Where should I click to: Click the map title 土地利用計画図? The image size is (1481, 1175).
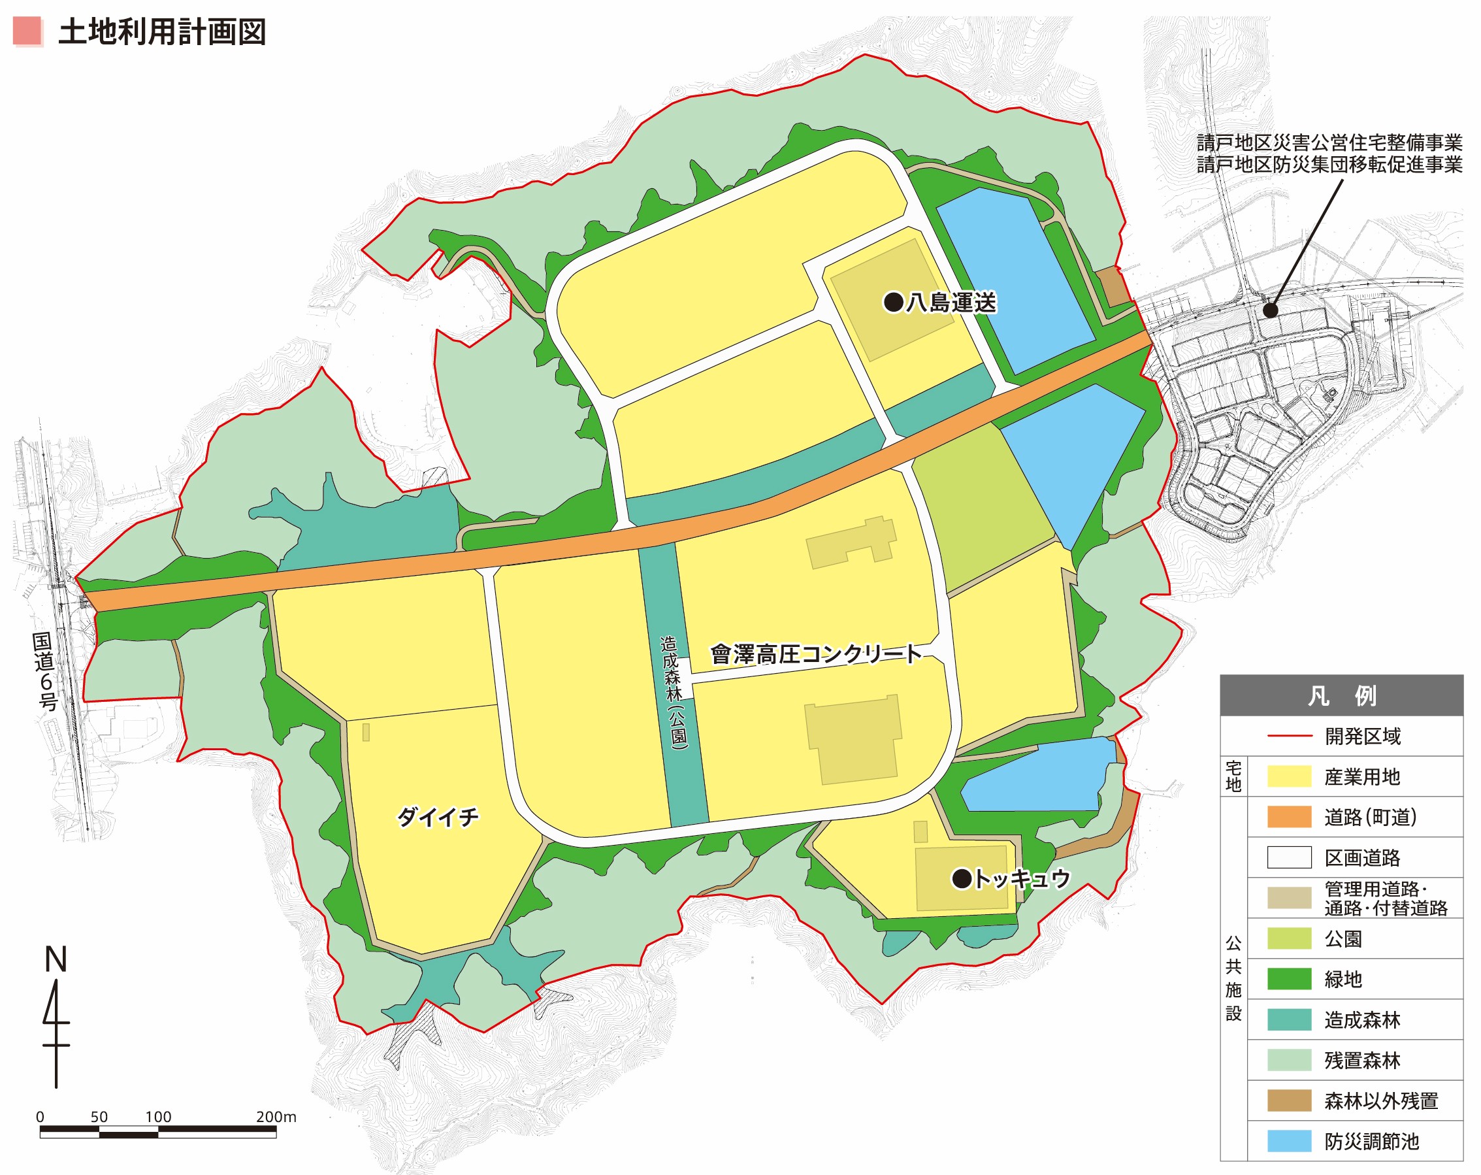coord(162,32)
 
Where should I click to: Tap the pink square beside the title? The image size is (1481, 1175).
coord(28,31)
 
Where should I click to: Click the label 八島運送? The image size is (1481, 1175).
coord(951,303)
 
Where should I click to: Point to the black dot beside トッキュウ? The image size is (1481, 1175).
coord(962,878)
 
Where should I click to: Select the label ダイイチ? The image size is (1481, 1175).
coord(438,817)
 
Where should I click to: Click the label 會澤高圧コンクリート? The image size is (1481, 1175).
coord(815,654)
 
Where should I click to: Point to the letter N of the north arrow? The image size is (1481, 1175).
coord(56,960)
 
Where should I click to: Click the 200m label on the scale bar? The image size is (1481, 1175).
coord(276,1117)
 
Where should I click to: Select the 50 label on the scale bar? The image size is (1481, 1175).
coord(99,1117)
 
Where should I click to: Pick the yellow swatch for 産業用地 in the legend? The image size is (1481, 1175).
coord(1289,776)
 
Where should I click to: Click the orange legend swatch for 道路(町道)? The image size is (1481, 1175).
coord(1289,817)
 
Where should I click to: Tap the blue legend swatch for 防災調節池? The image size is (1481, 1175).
coord(1289,1140)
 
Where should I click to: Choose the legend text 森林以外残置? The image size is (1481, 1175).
coord(1380,1101)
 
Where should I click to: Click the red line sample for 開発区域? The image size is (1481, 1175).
coord(1289,736)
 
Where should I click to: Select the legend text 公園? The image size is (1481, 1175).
coord(1343,938)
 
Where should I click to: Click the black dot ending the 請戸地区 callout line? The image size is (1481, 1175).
coord(1271,310)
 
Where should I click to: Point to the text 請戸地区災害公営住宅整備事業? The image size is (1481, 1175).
coord(1329,143)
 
